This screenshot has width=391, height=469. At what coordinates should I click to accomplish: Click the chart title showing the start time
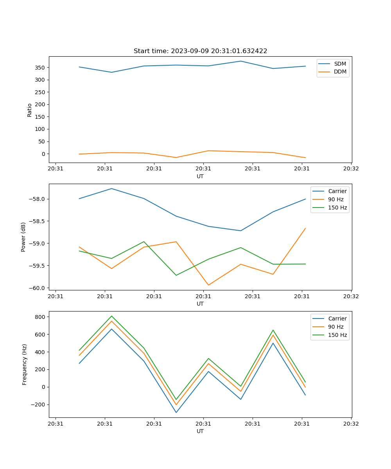click(x=200, y=51)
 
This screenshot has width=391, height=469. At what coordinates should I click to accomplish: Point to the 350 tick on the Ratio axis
click(x=40, y=67)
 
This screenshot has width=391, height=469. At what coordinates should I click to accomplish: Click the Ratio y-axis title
click(x=30, y=110)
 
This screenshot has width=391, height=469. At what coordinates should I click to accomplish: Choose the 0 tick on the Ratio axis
click(x=43, y=154)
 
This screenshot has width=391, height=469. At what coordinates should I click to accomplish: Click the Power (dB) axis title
click(x=23, y=237)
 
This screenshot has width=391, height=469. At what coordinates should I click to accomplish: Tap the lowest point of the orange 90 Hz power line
click(x=208, y=285)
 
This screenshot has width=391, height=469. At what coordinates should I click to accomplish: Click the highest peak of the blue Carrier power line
click(x=111, y=188)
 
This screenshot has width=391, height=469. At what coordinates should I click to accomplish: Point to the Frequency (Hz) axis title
click(x=24, y=364)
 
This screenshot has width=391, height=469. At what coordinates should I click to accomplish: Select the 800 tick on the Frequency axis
click(x=40, y=317)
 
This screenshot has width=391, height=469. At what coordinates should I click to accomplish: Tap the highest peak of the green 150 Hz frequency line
click(x=111, y=316)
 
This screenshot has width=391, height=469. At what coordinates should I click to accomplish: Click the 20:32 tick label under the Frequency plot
click(x=351, y=424)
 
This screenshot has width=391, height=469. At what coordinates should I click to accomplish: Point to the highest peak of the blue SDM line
click(x=241, y=61)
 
